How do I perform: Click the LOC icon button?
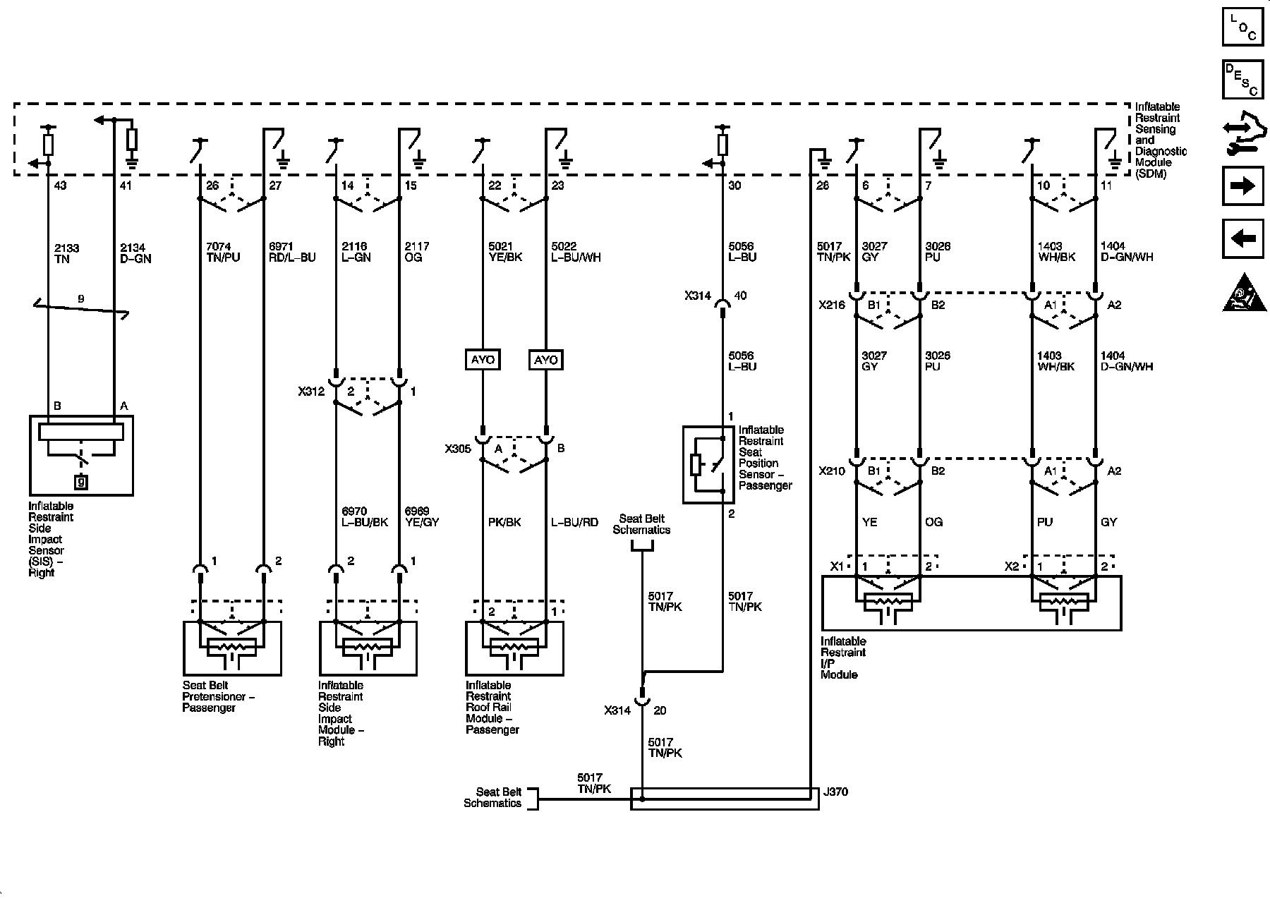[x=1242, y=28]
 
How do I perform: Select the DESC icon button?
[x=1242, y=80]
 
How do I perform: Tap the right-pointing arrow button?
[x=1242, y=186]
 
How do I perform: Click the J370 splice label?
[x=835, y=792]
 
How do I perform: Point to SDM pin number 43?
[x=60, y=186]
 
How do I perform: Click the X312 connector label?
[x=311, y=391]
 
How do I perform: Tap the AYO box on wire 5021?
[x=483, y=360]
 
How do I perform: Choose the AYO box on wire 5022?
[x=546, y=360]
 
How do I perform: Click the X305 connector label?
[x=458, y=448]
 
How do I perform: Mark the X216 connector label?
[x=832, y=305]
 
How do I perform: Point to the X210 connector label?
[x=832, y=471]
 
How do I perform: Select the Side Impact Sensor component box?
[x=81, y=455]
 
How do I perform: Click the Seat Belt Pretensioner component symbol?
[x=232, y=648]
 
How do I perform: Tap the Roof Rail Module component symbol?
[x=514, y=648]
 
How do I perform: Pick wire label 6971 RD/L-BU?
[x=292, y=252]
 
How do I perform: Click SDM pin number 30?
[x=734, y=186]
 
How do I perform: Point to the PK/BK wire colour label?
[x=504, y=523]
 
